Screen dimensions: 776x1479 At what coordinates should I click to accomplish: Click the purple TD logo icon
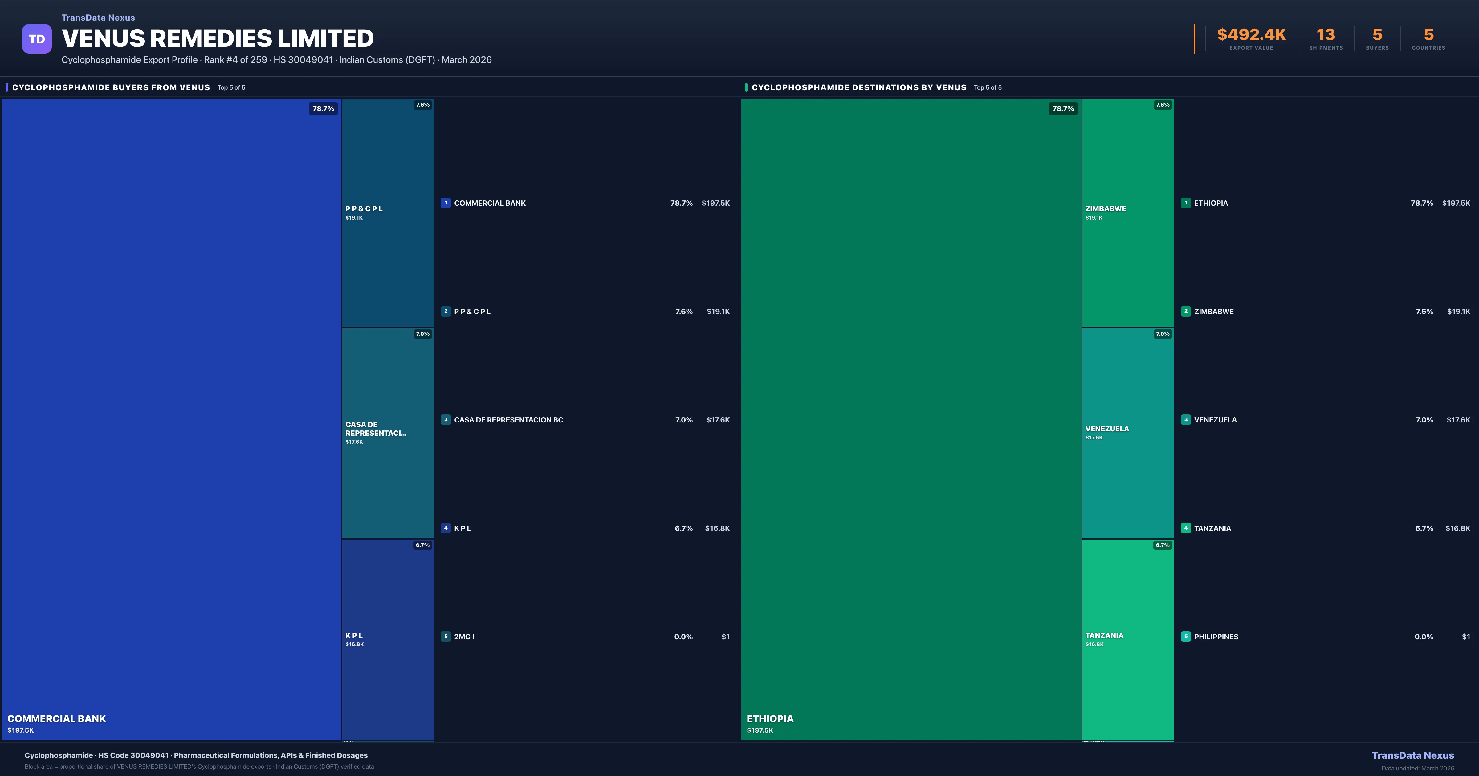coord(37,39)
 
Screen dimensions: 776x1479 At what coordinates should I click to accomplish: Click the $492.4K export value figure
coord(1251,35)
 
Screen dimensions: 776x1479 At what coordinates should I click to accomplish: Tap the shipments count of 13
coord(1325,35)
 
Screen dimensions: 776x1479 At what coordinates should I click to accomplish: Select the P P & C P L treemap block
coord(388,213)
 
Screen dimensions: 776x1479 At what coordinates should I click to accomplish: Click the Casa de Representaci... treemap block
coord(388,433)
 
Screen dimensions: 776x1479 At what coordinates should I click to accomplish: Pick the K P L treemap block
coord(388,639)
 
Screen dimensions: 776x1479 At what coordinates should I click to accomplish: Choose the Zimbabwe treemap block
coord(1128,213)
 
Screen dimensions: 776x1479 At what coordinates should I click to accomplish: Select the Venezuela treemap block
coord(1128,433)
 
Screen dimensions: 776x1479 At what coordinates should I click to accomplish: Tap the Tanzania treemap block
coord(1128,639)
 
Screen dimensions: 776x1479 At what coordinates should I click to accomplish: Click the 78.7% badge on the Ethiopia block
coord(1063,108)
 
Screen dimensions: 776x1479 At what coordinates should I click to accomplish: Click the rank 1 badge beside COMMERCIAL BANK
coord(446,203)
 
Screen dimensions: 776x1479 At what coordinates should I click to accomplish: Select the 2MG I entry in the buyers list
coord(464,637)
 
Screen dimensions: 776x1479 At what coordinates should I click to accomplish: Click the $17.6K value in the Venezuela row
coord(1458,420)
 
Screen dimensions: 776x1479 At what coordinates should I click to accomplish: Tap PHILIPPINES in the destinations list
coord(1216,637)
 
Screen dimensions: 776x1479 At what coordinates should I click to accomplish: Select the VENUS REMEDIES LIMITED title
coord(218,38)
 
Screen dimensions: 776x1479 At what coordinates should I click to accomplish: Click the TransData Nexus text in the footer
coord(1412,755)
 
